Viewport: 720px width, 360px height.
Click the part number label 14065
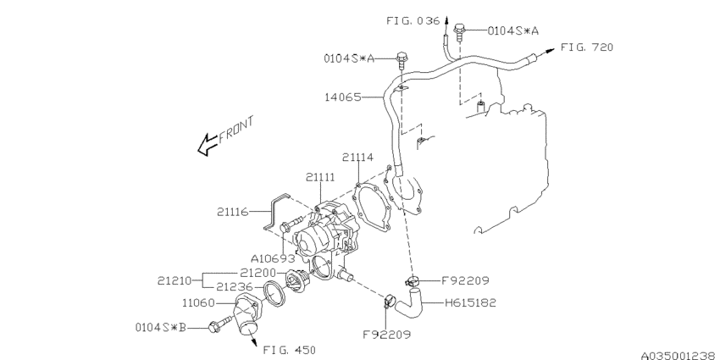343,97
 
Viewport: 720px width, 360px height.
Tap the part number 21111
321,177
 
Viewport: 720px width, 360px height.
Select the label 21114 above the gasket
357,158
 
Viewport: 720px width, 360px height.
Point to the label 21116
233,212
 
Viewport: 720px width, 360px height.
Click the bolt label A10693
273,258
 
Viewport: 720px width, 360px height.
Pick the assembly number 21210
174,280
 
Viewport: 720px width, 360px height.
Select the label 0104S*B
161,328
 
